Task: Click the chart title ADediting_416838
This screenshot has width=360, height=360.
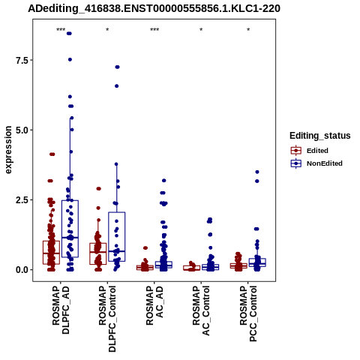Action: [154, 8]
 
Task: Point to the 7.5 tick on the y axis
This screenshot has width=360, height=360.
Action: [21, 60]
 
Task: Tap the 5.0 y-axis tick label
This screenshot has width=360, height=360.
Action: [21, 130]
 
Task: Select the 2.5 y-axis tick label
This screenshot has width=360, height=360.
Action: [21, 200]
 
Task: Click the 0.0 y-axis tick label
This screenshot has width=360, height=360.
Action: [21, 270]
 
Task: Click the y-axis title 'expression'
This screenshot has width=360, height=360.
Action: [8, 150]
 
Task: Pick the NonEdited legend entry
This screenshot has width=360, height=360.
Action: [316, 163]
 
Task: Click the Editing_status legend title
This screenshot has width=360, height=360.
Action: [320, 136]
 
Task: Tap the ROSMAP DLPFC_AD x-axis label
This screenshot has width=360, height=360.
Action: [61, 310]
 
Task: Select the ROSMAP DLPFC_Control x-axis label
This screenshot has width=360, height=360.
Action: [107, 319]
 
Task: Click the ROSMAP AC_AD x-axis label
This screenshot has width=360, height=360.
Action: [154, 305]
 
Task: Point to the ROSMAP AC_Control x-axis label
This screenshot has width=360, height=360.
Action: [201, 310]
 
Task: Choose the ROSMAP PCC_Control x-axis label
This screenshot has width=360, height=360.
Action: [248, 313]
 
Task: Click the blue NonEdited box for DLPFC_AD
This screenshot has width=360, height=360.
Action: [70, 229]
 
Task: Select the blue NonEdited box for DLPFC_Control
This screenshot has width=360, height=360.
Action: [117, 237]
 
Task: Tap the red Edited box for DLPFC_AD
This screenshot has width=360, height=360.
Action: [51, 253]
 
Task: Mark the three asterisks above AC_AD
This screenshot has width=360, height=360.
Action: [154, 30]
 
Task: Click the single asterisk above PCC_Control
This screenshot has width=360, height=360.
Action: [248, 30]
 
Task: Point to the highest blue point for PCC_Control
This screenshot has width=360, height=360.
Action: [257, 172]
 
